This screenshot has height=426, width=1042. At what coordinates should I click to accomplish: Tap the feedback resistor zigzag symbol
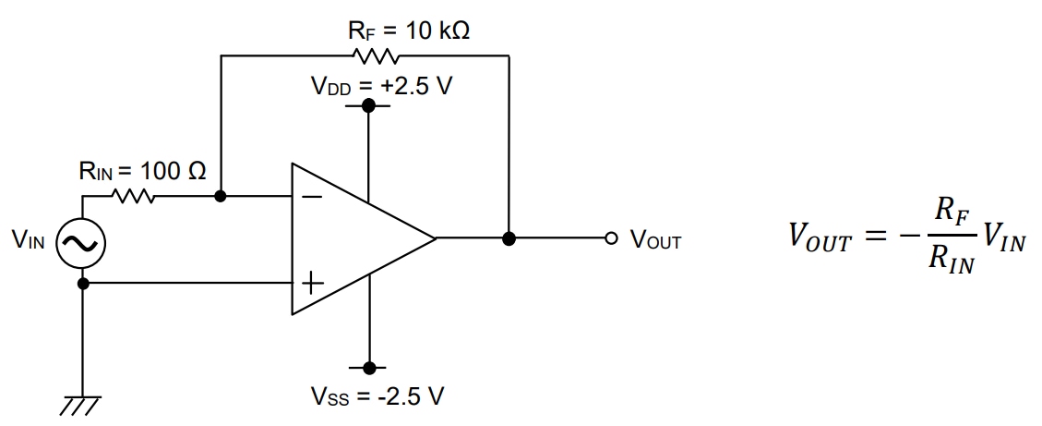click(375, 56)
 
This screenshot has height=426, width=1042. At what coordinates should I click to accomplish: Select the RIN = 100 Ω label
click(142, 172)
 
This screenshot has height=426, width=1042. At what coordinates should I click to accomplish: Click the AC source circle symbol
click(82, 242)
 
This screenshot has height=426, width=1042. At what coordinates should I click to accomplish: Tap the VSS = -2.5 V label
click(377, 399)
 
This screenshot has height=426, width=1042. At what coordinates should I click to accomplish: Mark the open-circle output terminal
click(608, 239)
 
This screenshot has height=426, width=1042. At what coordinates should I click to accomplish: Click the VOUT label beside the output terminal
click(655, 241)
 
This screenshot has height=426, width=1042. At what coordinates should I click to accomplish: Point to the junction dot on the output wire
click(509, 239)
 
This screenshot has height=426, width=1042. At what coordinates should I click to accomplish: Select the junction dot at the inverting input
click(221, 197)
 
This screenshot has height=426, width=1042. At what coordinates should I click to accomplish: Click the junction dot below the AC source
click(83, 284)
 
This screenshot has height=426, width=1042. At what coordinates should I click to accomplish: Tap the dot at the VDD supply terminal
click(368, 106)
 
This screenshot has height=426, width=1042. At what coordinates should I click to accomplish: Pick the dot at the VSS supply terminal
click(368, 367)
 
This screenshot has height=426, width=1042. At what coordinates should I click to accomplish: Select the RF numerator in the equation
click(951, 212)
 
